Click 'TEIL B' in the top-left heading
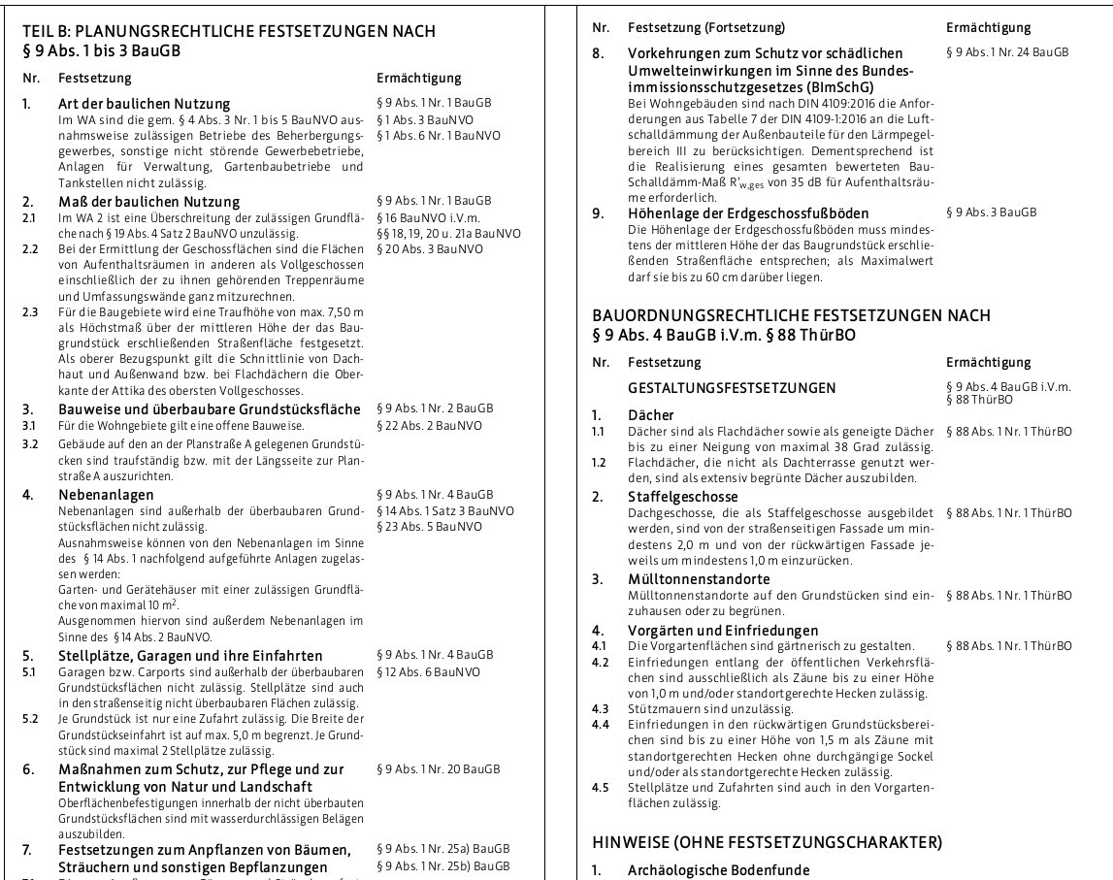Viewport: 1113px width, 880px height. [x=44, y=31]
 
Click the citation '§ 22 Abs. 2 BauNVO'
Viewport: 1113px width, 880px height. [x=428, y=425]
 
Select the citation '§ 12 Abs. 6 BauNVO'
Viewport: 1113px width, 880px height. [x=428, y=671]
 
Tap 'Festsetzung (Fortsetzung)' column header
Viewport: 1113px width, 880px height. [x=706, y=28]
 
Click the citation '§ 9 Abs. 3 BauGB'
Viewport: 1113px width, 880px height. [x=991, y=212]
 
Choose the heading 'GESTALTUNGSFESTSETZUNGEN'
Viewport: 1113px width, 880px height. [x=732, y=388]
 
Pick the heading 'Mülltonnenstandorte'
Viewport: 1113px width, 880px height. [x=696, y=579]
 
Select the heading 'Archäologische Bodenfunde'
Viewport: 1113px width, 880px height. [x=718, y=869]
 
